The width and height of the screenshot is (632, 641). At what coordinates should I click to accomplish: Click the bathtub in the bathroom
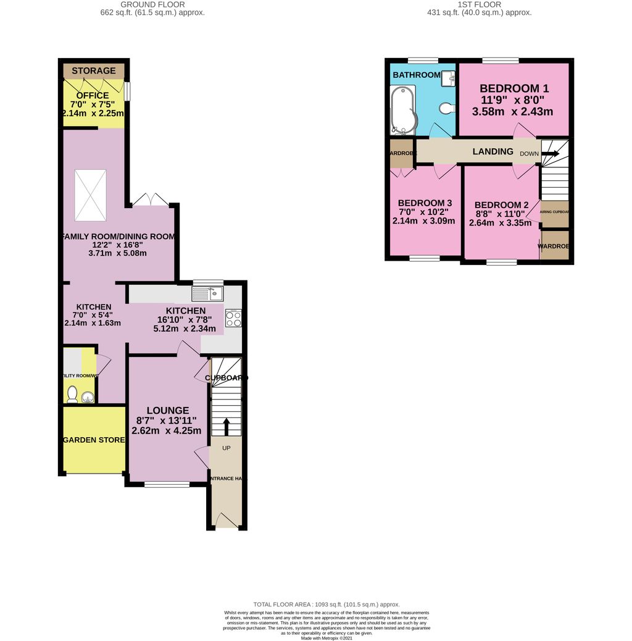pos(403,110)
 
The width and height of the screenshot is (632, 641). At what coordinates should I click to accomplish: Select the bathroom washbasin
pos(449,77)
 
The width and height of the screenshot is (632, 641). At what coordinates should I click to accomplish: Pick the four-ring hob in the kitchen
pos(233,318)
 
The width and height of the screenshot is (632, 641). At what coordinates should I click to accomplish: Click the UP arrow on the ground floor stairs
pos(225,426)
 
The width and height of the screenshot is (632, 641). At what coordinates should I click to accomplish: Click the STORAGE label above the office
pos(94,71)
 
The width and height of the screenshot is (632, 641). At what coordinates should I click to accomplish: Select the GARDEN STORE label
pos(94,440)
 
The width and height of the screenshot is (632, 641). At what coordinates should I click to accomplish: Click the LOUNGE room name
pos(167,410)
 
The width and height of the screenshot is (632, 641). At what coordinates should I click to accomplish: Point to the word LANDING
pos(493,151)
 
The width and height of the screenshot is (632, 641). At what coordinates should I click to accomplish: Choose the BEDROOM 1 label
pos(514,88)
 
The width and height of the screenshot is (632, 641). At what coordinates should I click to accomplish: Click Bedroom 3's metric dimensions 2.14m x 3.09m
pos(424,221)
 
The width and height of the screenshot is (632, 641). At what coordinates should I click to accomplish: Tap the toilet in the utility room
pos(72,393)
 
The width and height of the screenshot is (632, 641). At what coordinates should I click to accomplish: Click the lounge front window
pos(167,485)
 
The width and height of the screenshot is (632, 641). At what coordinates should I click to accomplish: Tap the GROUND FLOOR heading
pos(154,4)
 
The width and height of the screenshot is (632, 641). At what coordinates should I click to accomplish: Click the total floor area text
pos(326,604)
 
